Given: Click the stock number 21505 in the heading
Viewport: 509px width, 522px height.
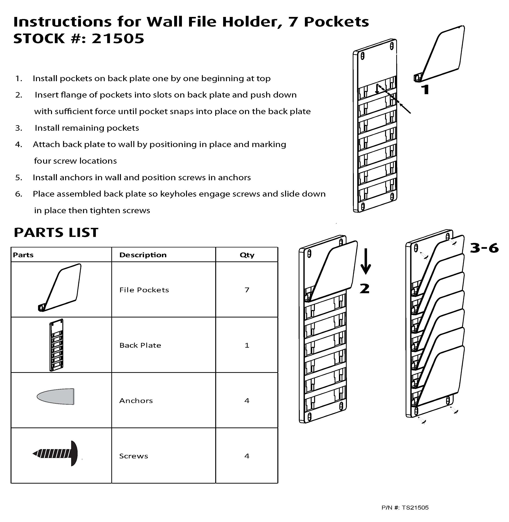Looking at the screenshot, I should pos(118,39).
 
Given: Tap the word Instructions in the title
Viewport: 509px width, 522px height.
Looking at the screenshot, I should pos(62,22).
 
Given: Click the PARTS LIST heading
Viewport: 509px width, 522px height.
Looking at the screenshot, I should pos(56,232).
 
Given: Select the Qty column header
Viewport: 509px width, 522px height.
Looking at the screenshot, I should pos(247,255).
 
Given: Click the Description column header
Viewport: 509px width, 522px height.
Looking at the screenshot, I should pos(143,255).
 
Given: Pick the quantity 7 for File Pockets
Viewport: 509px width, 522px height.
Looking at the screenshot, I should pos(247,290).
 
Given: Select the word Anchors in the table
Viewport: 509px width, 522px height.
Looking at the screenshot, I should pos(136,401).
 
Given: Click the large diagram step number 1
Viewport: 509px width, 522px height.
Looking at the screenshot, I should pos(425,90).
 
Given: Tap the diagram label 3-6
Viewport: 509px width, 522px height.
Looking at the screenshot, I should pos(484,248).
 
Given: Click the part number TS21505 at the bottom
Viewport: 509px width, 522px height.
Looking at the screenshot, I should pos(415,508).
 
